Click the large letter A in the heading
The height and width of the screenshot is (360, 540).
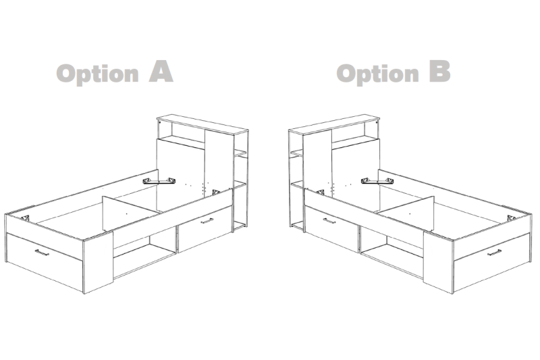point(161,72)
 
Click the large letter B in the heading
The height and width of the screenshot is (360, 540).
point(440,72)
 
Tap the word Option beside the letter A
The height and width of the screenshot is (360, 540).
point(97,74)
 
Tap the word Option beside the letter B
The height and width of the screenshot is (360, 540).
point(377,74)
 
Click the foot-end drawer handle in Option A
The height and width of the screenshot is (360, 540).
point(42,253)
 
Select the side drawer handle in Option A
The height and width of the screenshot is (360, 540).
point(207,221)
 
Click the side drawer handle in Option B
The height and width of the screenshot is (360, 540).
point(329,221)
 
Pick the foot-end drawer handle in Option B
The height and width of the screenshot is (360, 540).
point(494,253)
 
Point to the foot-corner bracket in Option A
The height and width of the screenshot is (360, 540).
point(25,217)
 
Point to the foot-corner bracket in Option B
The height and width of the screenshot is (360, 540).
point(511,217)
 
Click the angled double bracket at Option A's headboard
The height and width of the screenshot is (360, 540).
point(159,181)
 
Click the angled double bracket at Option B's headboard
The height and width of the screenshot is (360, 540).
point(377,181)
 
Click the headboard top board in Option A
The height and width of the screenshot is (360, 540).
point(202,124)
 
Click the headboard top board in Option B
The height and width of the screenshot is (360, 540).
point(334,124)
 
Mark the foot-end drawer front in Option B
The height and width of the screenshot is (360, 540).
point(491,263)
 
